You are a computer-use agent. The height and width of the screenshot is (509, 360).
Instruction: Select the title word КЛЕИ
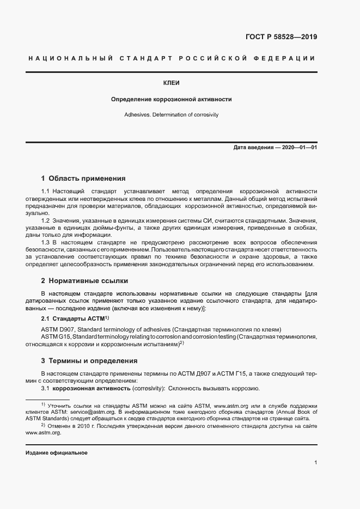pyautogui.click(x=172, y=83)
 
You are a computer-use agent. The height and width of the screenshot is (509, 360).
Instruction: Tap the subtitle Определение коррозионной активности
pyautogui.click(x=172, y=100)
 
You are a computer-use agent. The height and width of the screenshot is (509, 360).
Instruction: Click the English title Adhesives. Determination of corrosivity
pyautogui.click(x=172, y=115)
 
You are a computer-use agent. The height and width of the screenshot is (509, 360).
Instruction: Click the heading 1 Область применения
pyautogui.click(x=83, y=178)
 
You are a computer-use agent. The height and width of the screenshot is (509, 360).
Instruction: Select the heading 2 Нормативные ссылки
pyautogui.click(x=84, y=281)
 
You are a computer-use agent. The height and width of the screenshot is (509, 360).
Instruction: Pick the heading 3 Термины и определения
pyautogui.click(x=89, y=361)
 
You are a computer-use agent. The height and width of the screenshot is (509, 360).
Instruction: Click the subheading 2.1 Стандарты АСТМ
pyautogui.click(x=75, y=318)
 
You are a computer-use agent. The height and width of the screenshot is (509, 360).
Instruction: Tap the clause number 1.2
pyautogui.click(x=46, y=219)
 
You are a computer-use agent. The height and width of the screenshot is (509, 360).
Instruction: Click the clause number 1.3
pyautogui.click(x=46, y=241)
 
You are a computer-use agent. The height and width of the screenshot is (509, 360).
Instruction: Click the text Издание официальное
pyautogui.click(x=57, y=453)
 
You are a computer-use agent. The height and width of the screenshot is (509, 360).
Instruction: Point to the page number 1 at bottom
pyautogui.click(x=316, y=463)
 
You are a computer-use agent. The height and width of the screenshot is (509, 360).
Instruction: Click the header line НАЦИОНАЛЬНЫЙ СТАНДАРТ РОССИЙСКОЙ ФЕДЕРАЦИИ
pyautogui.click(x=171, y=58)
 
